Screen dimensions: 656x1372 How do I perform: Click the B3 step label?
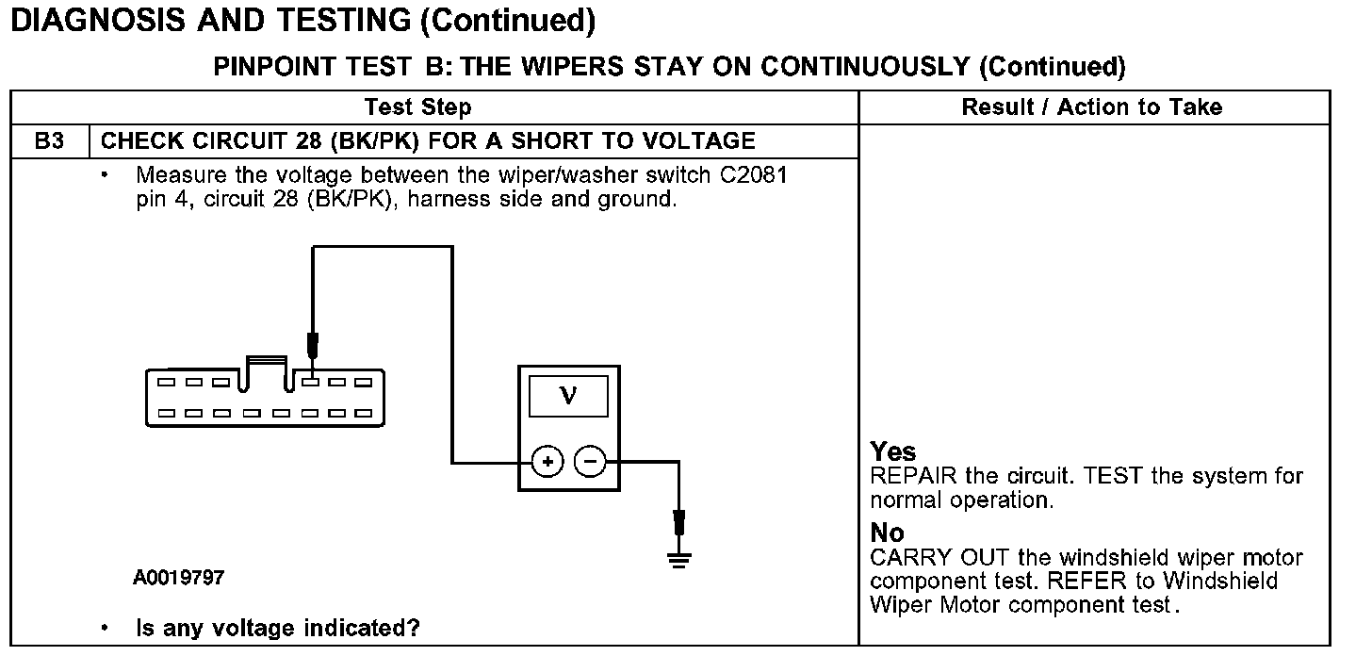(49, 141)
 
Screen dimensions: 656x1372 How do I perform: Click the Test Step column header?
(417, 107)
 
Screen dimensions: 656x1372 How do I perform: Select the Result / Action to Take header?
(1091, 107)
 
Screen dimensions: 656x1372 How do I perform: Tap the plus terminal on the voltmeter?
(547, 462)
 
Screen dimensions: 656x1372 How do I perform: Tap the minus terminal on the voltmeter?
(590, 462)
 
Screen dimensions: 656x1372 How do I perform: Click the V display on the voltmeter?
(568, 395)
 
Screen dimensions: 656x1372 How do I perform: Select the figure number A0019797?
(179, 577)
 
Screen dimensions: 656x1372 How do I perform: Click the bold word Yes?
(892, 451)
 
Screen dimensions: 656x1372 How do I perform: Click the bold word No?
(887, 533)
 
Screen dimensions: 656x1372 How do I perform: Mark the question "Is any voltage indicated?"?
(278, 628)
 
